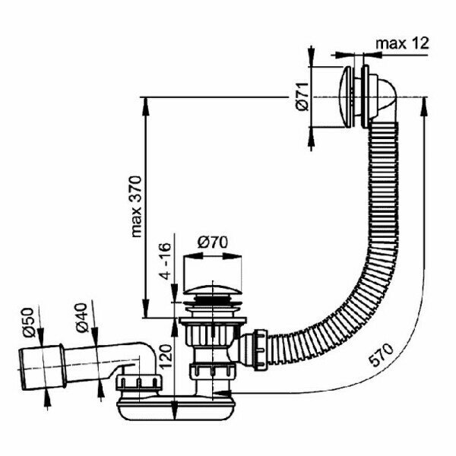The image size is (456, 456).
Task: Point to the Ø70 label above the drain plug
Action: point(214,243)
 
